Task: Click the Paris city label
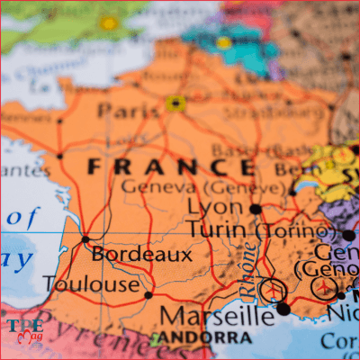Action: (x=129, y=111)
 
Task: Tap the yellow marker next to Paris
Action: (x=175, y=103)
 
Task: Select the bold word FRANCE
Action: (x=171, y=166)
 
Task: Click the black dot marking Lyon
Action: (x=256, y=209)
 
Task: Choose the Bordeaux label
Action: (x=142, y=255)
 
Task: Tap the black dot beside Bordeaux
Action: (x=85, y=239)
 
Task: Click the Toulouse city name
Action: (x=91, y=285)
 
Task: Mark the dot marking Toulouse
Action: (x=148, y=294)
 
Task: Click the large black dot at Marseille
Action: (x=283, y=309)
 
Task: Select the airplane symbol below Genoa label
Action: (x=324, y=287)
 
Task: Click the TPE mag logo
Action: (x=23, y=328)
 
